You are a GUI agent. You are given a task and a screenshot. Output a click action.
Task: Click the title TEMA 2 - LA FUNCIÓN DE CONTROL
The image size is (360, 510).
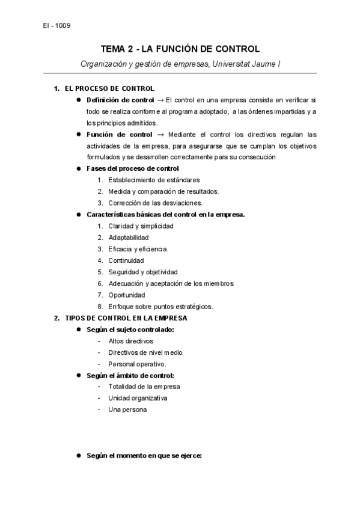tap(180, 49)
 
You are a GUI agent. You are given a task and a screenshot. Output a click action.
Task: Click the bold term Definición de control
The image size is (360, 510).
tap(120, 99)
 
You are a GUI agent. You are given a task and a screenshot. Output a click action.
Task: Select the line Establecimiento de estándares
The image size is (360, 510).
tap(154, 180)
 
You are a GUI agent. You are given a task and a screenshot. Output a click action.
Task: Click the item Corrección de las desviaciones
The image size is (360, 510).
tap(155, 203)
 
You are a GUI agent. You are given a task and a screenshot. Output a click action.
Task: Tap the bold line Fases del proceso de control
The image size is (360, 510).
tap(132, 168)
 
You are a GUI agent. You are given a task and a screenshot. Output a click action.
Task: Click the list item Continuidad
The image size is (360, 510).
tap(126, 260)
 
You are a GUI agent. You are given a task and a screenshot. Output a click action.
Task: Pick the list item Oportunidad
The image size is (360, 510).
tap(126, 295)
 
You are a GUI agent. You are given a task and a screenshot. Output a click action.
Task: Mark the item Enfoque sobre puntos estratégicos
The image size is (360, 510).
tap(160, 306)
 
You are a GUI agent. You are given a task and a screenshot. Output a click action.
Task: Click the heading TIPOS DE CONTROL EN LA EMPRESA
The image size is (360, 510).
tap(126, 318)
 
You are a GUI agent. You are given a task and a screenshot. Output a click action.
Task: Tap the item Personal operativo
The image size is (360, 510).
tap(137, 364)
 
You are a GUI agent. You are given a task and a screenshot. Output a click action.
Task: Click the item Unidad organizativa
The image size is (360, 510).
tap(138, 398)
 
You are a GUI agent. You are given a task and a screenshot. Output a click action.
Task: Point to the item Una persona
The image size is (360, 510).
tap(127, 410)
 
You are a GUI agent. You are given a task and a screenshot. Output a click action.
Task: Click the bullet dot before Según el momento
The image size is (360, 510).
tap(79, 456)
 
